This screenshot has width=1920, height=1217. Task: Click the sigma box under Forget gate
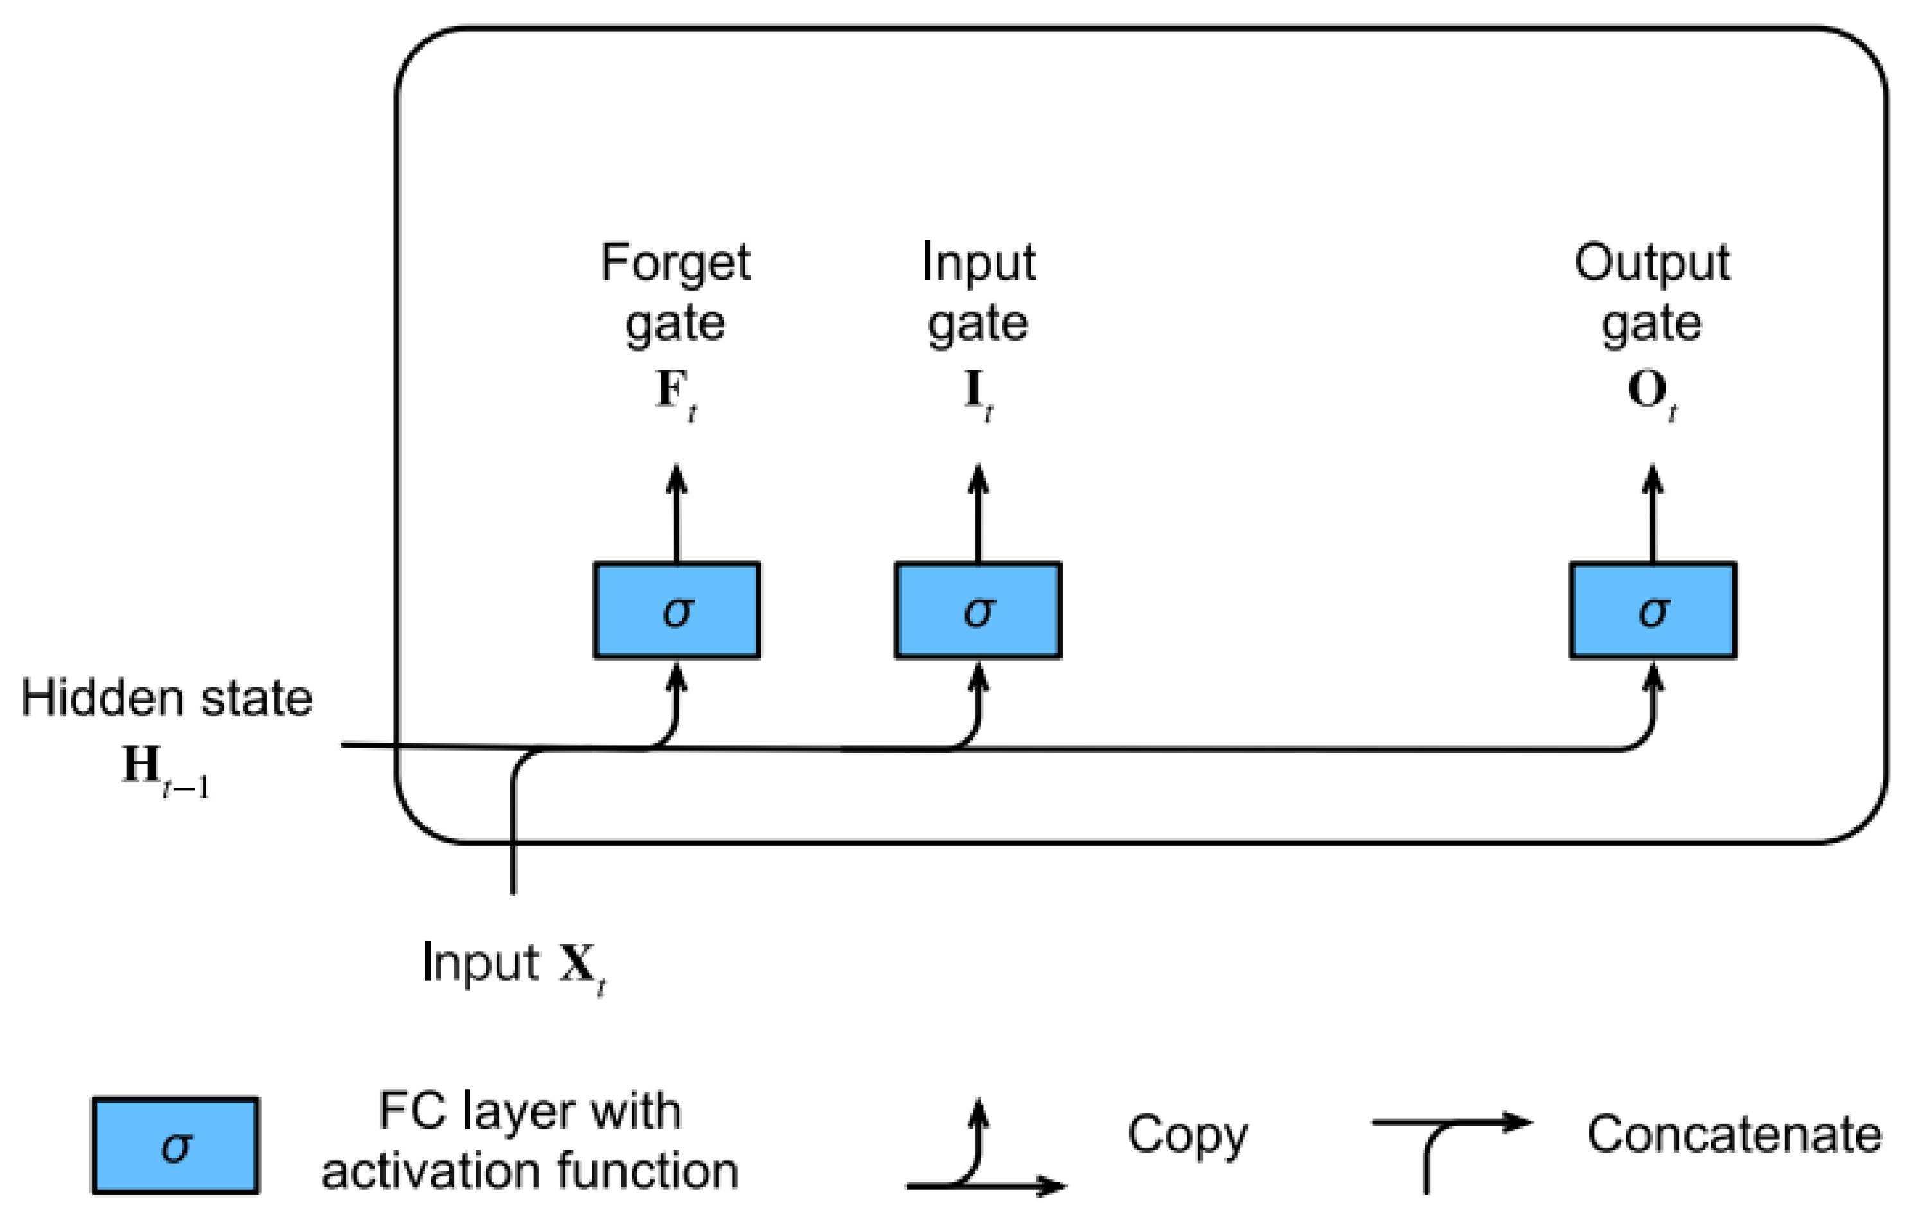[x=676, y=610]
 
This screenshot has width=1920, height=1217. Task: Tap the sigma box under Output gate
[x=1653, y=610]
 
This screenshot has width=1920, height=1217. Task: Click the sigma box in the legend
[x=175, y=1146]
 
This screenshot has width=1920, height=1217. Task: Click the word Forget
[x=675, y=262]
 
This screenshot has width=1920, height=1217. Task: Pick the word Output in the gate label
[x=1651, y=262]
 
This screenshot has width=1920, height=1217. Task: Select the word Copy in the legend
[x=1186, y=1135]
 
